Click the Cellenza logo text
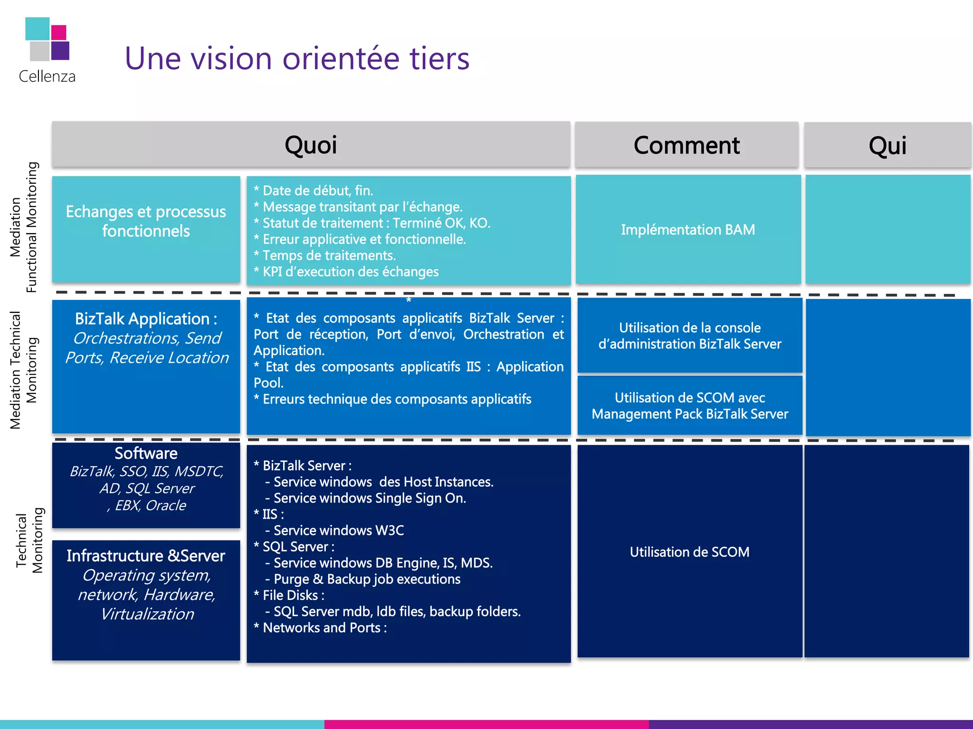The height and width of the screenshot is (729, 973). (x=47, y=76)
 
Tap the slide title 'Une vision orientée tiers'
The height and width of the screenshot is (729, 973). (x=297, y=58)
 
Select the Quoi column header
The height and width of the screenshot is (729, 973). (x=311, y=145)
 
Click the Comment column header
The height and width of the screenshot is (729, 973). (x=687, y=145)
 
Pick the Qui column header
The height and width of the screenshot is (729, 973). (x=887, y=145)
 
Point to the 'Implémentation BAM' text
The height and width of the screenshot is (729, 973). (x=687, y=230)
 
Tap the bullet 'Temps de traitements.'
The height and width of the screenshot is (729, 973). (x=329, y=255)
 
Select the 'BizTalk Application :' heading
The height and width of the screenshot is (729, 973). (x=146, y=319)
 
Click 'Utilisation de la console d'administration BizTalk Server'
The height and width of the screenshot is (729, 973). (x=689, y=336)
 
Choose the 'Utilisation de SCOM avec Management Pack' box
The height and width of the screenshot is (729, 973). (x=689, y=405)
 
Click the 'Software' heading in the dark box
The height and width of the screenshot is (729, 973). (x=146, y=453)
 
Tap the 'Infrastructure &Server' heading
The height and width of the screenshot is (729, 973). (x=146, y=556)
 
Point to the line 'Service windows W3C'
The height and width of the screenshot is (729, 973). (x=338, y=531)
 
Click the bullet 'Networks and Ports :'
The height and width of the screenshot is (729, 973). (x=324, y=628)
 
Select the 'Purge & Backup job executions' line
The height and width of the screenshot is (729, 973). (x=367, y=579)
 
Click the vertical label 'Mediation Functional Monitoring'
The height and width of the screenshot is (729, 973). (x=24, y=227)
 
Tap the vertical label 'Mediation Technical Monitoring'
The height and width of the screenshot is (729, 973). (x=24, y=370)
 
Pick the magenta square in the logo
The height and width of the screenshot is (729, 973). (x=58, y=32)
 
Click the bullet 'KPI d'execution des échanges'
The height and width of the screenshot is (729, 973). (x=350, y=272)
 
